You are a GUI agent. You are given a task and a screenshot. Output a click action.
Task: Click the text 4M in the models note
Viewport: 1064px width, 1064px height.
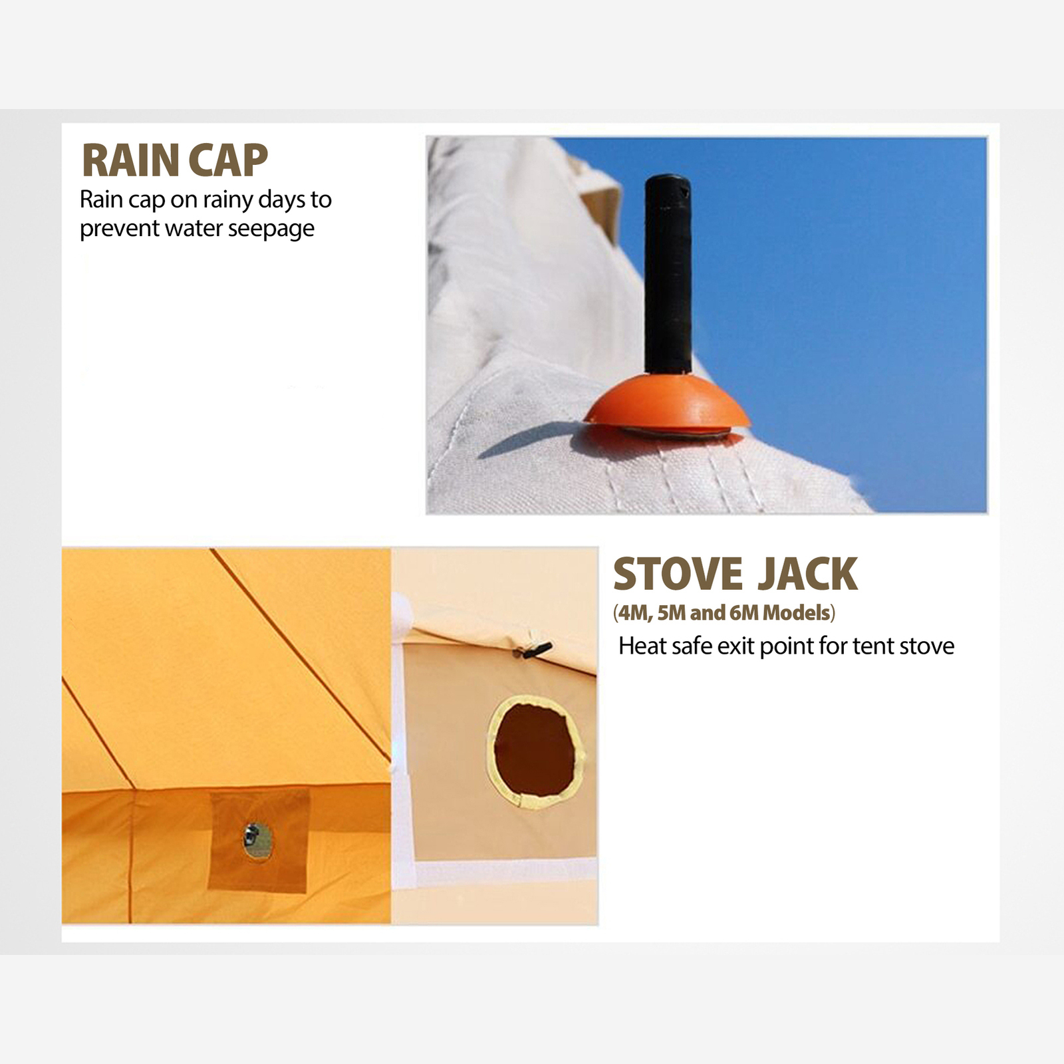632,612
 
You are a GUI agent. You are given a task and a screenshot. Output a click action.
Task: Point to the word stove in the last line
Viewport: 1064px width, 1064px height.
927,646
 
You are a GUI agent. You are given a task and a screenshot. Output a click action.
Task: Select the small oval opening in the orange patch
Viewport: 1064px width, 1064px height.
257,841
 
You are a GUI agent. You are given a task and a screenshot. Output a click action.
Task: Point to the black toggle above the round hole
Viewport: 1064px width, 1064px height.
535,649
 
